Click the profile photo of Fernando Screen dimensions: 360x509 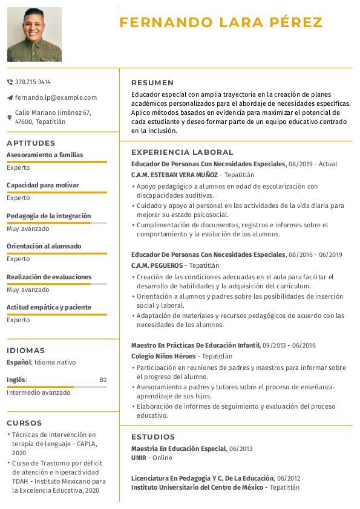tap(34, 34)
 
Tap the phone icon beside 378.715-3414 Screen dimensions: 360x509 tap(10, 82)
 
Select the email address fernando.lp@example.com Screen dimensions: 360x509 tap(56, 97)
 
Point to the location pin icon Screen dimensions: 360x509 tap(10, 117)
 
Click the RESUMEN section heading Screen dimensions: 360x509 tap(152, 83)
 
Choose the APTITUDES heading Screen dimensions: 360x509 tap(31, 143)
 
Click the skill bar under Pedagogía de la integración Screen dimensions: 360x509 tap(57, 223)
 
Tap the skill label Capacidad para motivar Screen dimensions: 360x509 tap(43, 185)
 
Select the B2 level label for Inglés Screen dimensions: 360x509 tap(103, 380)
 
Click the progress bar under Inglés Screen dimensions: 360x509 tap(57, 387)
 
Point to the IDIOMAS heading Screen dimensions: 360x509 tap(26, 351)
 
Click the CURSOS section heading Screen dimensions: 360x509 tap(25, 423)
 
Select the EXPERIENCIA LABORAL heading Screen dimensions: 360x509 tap(182, 152)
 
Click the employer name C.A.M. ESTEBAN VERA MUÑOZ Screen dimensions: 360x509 tap(174, 175)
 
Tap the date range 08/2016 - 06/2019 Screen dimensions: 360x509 tap(316, 254)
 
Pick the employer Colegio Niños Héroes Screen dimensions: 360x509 tap(163, 356)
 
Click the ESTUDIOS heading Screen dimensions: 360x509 tap(153, 437)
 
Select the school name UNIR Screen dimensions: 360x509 tap(139, 458)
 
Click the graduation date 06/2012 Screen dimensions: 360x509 tap(289, 478)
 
